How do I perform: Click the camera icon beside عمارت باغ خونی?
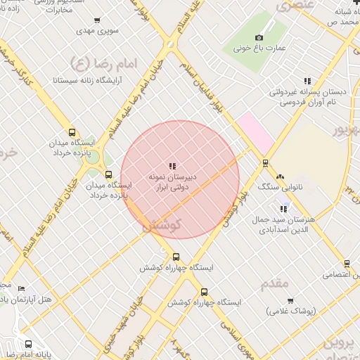pos(259,37)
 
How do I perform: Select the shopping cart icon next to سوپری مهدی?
pos(96,20)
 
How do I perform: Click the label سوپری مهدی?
pos(96,32)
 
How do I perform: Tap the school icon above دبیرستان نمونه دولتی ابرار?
pos(172,166)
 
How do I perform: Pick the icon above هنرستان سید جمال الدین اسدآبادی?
pos(284,208)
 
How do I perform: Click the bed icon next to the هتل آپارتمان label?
pos(21,289)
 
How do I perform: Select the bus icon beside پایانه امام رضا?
pos(28,345)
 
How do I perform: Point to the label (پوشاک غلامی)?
pos(292,310)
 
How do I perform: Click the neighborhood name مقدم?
pos(274,284)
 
